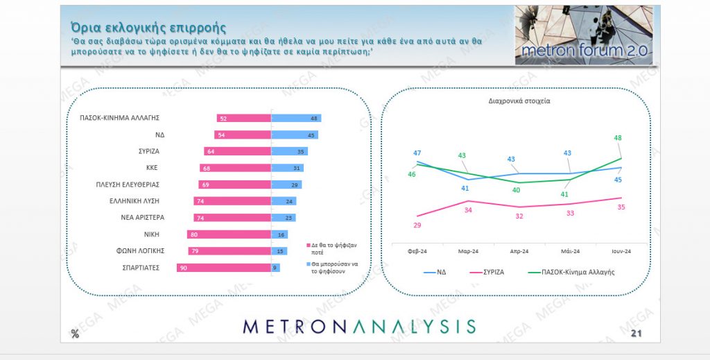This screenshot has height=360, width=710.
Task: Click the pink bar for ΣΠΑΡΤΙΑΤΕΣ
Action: (x=223, y=268)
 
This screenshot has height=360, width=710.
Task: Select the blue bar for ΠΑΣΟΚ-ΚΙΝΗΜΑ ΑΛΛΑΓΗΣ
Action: (x=296, y=119)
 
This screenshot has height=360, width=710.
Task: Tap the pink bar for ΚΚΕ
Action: (x=235, y=168)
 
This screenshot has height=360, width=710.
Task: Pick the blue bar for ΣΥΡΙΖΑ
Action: (x=289, y=151)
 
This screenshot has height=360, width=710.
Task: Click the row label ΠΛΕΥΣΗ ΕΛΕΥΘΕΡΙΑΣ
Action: (x=128, y=185)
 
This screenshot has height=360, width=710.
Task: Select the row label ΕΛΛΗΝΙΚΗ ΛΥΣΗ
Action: (x=132, y=201)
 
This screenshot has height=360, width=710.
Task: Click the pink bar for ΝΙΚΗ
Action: (x=229, y=234)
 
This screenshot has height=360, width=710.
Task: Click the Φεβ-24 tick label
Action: (x=417, y=251)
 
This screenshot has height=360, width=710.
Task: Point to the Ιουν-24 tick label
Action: (x=620, y=251)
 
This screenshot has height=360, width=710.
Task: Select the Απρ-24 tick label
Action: (x=519, y=251)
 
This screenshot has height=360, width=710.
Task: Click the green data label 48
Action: (x=618, y=137)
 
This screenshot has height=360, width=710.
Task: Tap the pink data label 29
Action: (x=417, y=225)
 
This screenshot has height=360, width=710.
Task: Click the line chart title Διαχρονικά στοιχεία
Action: (x=519, y=101)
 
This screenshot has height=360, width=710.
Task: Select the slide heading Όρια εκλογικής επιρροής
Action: (x=148, y=27)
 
